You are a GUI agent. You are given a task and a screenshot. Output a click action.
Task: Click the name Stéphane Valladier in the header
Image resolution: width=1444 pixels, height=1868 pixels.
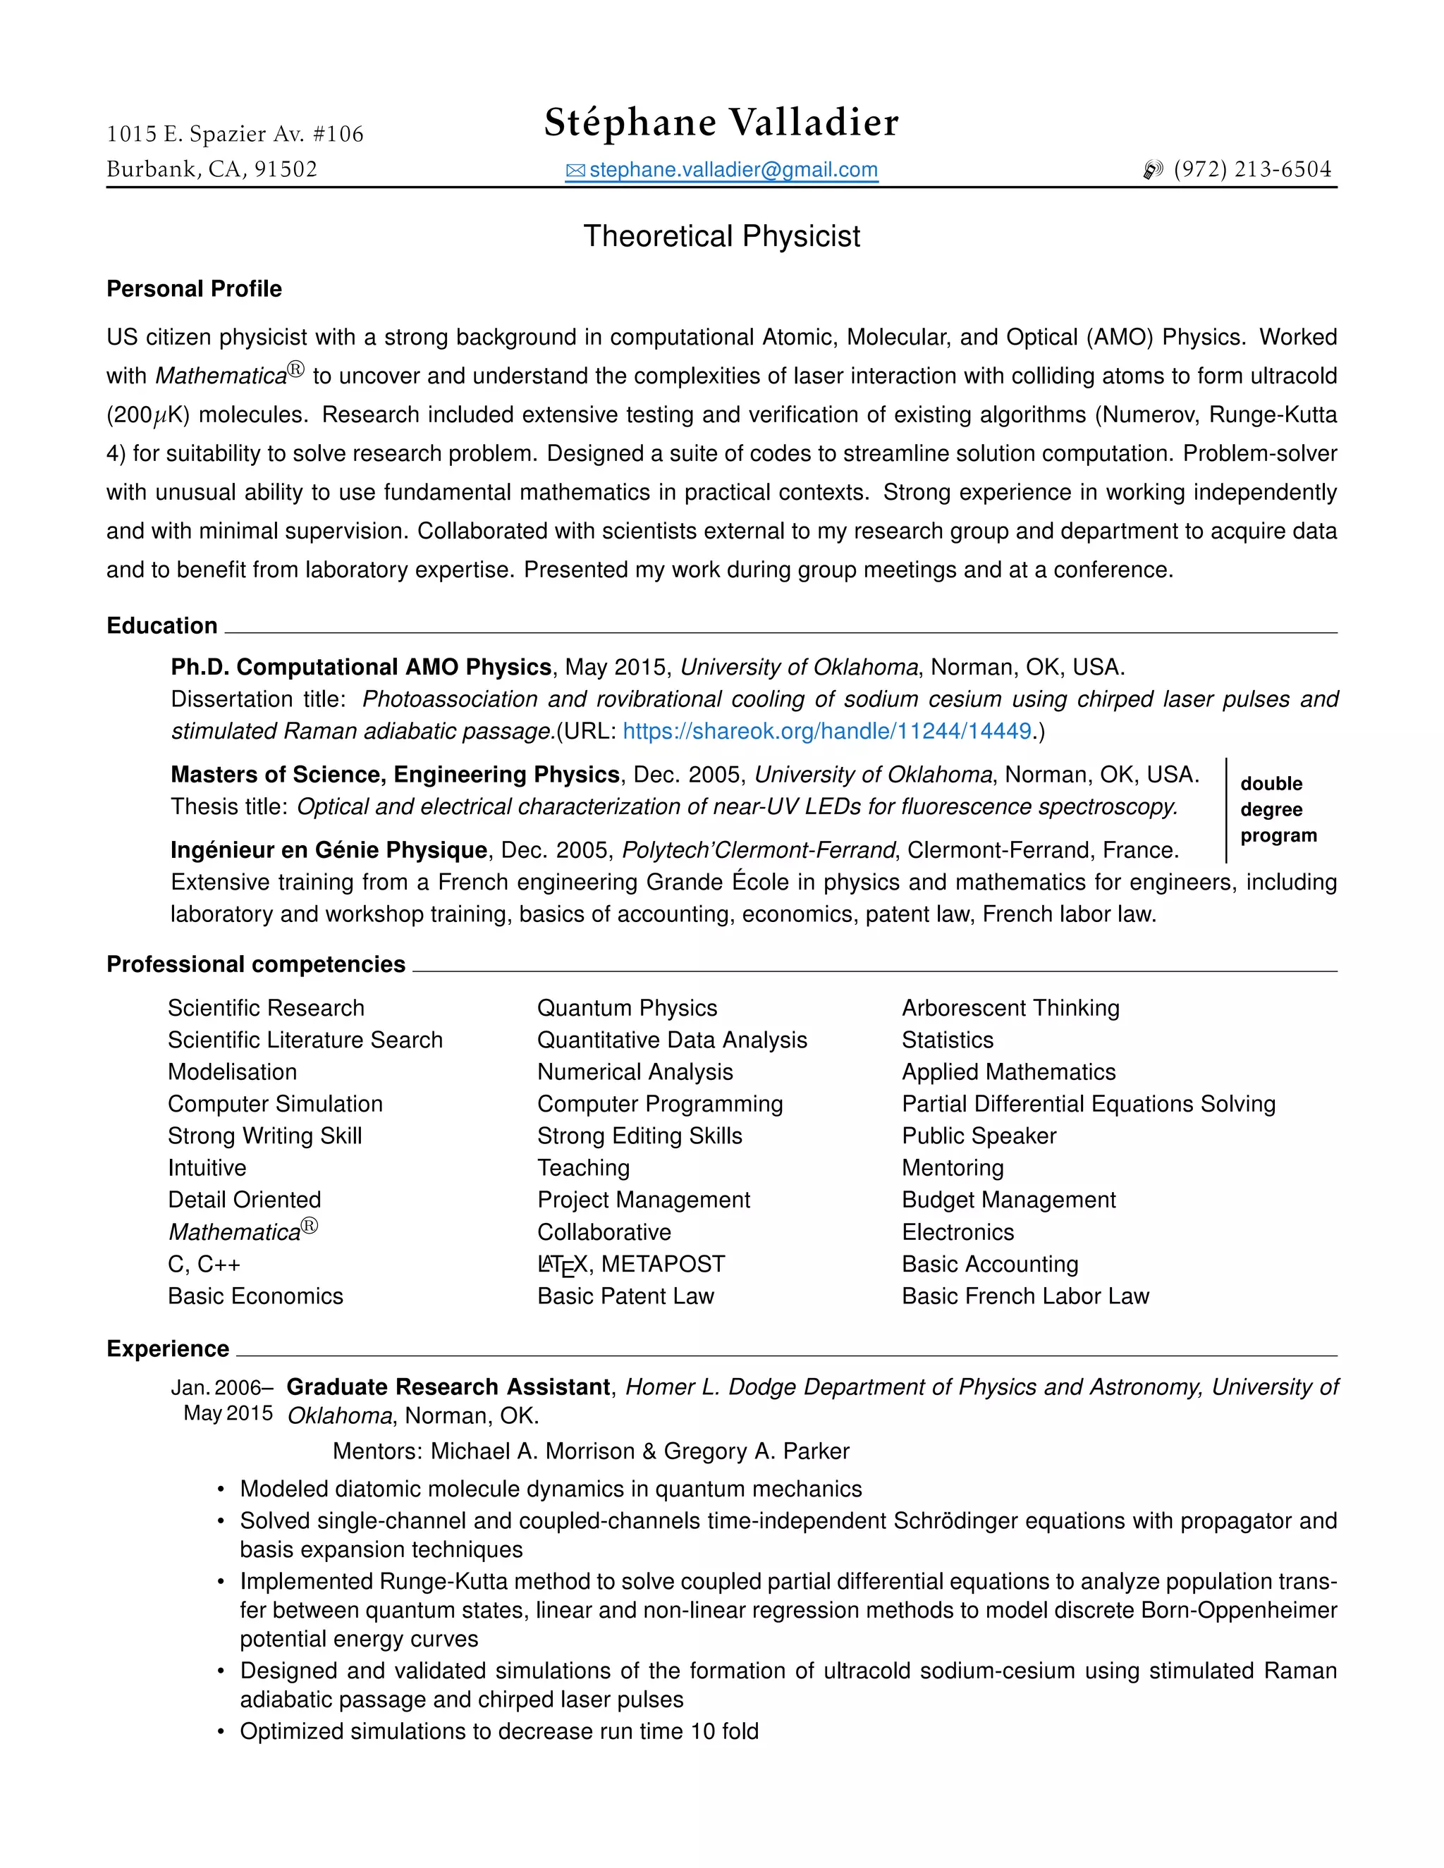(x=721, y=123)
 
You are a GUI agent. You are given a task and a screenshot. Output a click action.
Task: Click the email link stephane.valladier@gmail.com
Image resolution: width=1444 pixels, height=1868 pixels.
(x=733, y=169)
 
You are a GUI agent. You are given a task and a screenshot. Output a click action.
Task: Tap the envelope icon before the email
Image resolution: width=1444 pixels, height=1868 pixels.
(x=575, y=171)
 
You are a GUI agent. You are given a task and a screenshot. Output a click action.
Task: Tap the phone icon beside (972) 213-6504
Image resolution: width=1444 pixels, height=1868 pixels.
(x=1152, y=170)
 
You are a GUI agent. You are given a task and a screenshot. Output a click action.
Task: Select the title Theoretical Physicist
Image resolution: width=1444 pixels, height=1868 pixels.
(x=721, y=236)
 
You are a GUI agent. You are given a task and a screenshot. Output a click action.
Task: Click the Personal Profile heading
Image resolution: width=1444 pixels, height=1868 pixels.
(x=194, y=289)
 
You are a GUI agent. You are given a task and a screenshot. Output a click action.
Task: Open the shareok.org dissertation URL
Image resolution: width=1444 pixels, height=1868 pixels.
(x=826, y=731)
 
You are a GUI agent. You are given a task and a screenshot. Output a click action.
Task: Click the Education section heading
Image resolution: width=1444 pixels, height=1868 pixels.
(x=161, y=625)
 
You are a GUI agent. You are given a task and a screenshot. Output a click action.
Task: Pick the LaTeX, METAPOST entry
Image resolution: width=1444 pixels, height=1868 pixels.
(x=630, y=1264)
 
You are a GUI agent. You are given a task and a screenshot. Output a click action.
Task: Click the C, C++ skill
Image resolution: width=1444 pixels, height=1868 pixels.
(x=204, y=1264)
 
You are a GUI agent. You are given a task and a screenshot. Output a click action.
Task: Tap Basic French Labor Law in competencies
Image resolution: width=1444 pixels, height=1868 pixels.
(x=1024, y=1296)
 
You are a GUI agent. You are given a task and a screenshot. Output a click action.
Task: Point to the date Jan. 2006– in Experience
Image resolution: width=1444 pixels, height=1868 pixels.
(x=221, y=1387)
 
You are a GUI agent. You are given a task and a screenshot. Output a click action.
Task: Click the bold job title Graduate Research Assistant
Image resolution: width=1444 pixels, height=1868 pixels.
(x=448, y=1387)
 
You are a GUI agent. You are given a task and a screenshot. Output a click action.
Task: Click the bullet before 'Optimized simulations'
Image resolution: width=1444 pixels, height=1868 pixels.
(x=221, y=1732)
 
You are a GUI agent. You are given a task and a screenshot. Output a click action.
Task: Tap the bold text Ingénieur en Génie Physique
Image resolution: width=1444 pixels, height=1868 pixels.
(x=329, y=849)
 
